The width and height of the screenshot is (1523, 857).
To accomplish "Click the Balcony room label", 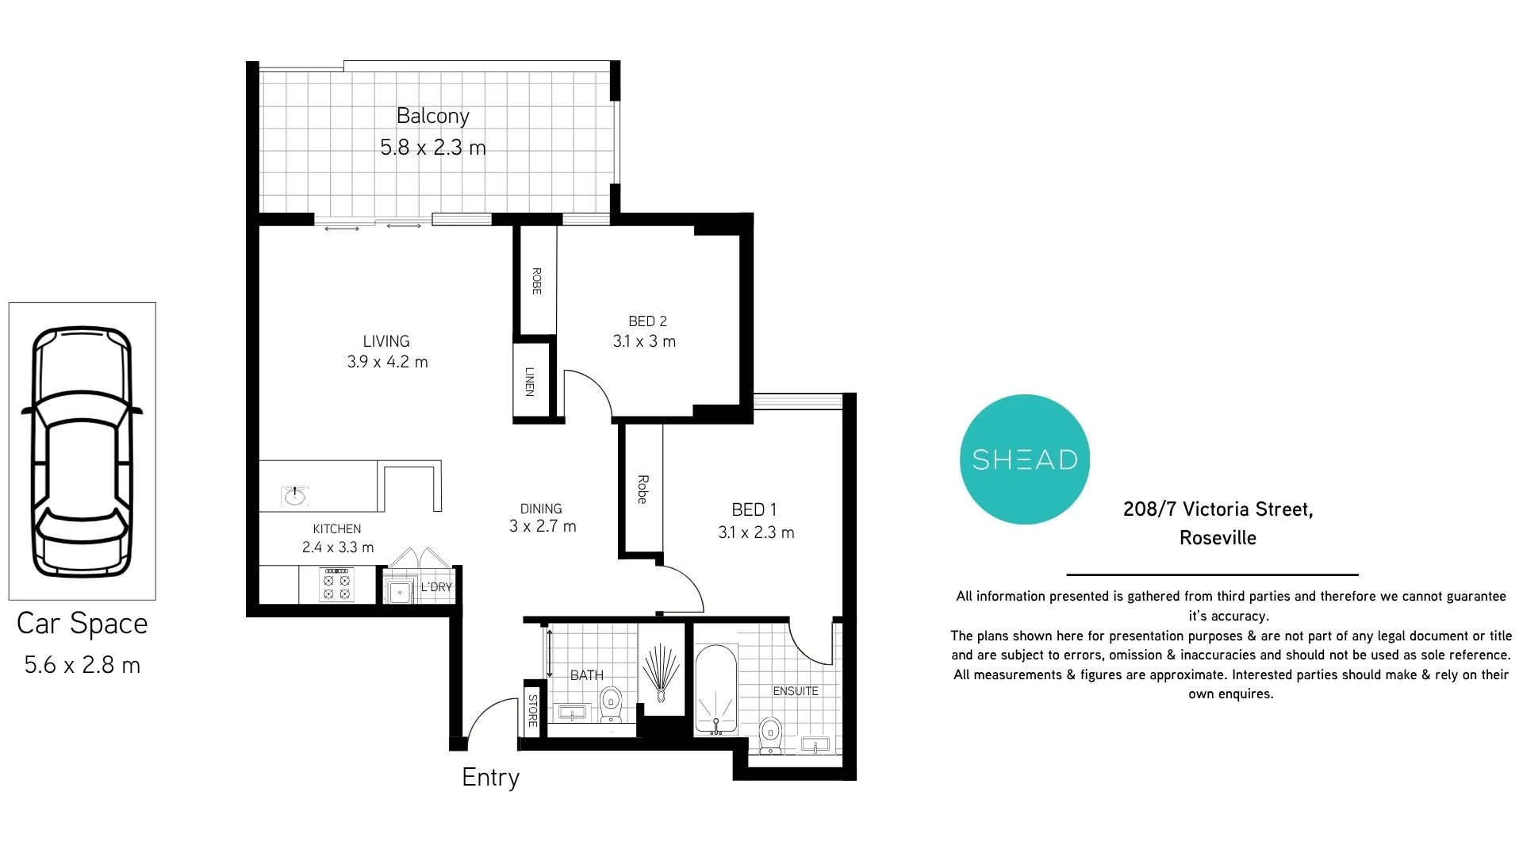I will coord(432,117).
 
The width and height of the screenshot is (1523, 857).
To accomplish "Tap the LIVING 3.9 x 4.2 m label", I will coord(387,352).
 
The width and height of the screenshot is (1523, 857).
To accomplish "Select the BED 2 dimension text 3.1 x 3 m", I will coord(644,342).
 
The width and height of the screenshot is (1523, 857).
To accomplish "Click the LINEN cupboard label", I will coord(530,381).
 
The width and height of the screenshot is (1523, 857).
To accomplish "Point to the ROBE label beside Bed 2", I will coord(536,281).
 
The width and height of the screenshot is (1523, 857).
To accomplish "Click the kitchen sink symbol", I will coord(295,496).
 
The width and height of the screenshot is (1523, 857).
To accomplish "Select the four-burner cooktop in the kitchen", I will coord(336,585).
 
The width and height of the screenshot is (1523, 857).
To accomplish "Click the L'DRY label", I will coord(436,587).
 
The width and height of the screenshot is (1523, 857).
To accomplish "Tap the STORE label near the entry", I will coord(532,709).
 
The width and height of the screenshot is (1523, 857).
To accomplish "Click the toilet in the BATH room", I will coord(610,705).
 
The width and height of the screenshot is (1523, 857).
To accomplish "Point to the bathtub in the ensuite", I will coord(716,689).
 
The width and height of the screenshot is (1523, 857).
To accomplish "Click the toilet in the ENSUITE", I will coord(769,735).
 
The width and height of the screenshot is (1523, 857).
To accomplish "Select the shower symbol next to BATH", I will coord(661,671).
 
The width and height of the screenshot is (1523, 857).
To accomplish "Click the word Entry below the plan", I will coord(490,777).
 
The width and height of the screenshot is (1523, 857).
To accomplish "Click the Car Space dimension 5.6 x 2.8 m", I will coord(82,665).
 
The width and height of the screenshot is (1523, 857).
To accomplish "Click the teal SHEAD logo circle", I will coord(1024,459).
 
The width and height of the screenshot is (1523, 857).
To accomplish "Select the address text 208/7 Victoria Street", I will coord(1218,509).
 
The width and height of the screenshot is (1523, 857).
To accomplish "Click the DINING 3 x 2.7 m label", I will coord(543,517).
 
